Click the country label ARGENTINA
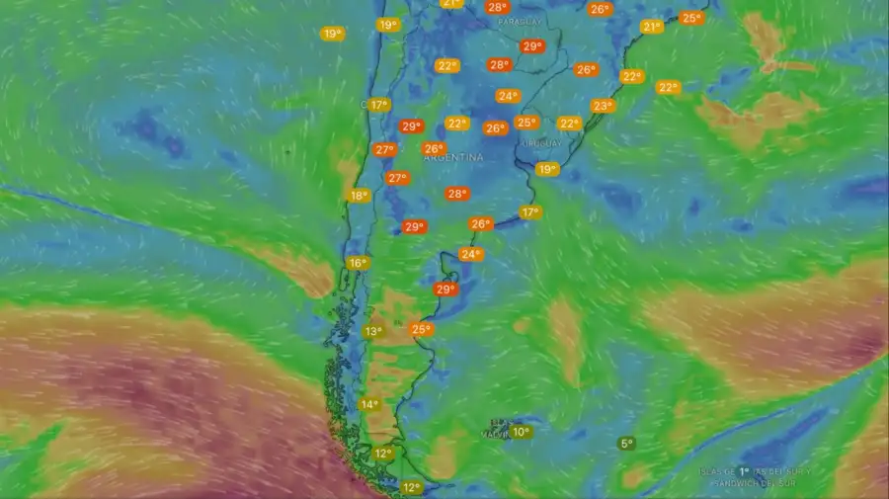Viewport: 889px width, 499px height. [454, 157]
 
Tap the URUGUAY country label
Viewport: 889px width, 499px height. [541, 142]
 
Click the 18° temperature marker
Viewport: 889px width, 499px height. [359, 196]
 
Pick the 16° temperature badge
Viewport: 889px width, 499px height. [358, 263]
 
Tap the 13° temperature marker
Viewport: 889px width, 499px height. [373, 332]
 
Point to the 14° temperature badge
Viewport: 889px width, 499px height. [369, 404]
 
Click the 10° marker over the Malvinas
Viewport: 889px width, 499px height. [521, 432]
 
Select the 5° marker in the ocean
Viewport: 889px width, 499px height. [626, 444]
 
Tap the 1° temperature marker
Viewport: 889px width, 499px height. [744, 472]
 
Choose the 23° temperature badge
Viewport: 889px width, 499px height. [602, 106]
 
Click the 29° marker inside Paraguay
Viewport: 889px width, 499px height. [532, 46]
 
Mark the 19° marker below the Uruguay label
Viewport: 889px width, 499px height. [546, 169]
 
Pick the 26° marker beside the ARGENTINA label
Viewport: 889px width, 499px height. [434, 148]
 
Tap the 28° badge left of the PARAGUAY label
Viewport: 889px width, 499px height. [498, 7]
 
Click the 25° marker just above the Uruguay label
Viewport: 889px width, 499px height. [526, 123]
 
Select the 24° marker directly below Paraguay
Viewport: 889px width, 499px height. [508, 96]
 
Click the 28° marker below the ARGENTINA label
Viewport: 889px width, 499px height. [456, 194]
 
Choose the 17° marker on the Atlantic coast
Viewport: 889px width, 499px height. [530, 212]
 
